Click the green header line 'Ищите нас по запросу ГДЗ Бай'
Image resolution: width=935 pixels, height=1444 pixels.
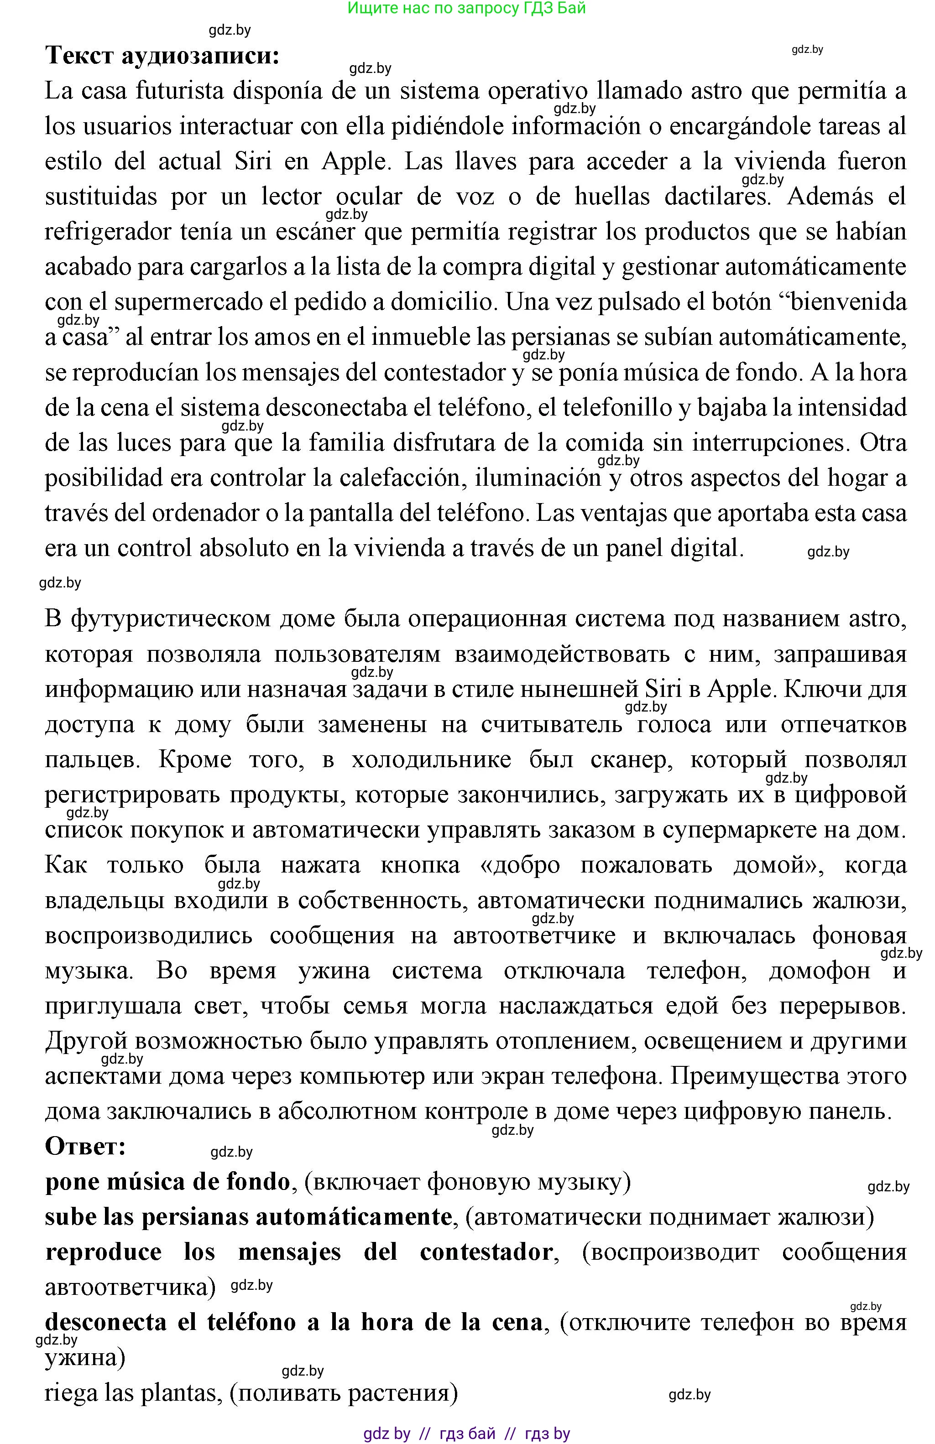466,9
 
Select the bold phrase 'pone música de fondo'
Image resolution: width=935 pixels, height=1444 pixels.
167,1182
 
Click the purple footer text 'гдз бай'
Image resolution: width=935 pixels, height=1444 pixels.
467,1434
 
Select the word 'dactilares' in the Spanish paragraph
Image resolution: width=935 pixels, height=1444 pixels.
717,197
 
